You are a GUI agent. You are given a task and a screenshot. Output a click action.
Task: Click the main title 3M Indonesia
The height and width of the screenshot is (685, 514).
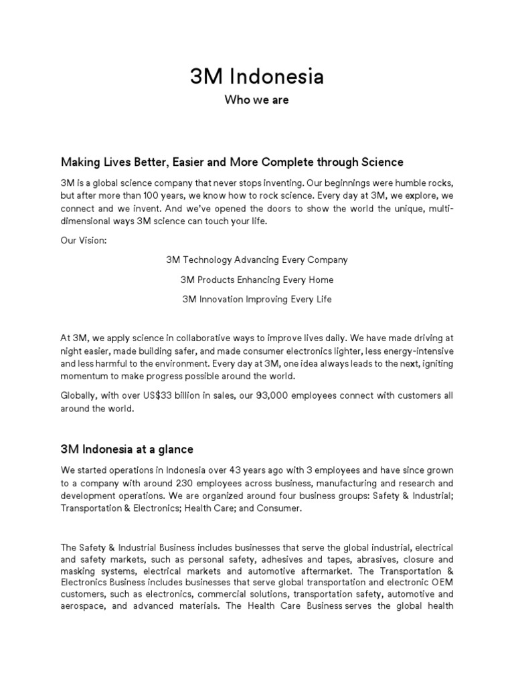point(257,77)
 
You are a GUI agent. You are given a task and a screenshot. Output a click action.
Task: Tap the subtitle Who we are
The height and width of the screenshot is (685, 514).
point(257,101)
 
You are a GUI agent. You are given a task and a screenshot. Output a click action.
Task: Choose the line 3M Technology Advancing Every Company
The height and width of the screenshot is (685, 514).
point(257,259)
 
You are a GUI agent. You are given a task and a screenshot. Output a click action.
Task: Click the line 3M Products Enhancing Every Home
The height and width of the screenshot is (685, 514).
point(257,279)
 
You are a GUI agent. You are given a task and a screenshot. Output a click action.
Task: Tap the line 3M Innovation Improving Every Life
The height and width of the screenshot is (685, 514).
point(257,299)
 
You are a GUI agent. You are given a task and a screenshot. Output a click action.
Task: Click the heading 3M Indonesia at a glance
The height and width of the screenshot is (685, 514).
point(127,449)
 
